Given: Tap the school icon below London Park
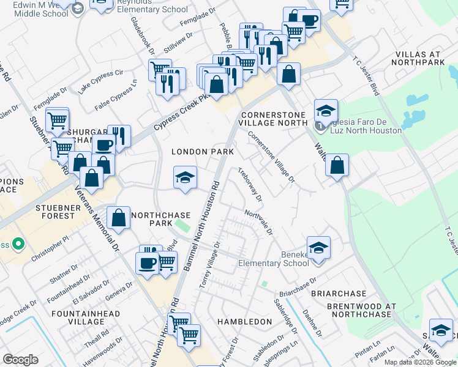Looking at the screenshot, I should tap(185, 178).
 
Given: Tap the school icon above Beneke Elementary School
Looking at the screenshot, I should tap(318, 248).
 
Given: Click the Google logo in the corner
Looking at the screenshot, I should tap(21, 360).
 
